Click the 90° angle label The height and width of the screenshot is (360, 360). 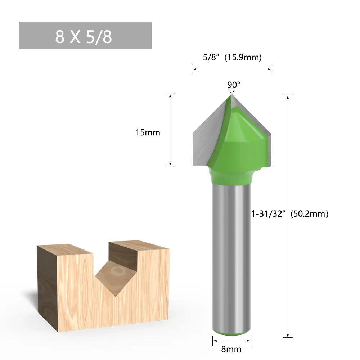(234, 85)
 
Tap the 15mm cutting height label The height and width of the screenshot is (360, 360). (148, 132)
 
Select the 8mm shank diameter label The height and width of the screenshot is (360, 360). (231, 349)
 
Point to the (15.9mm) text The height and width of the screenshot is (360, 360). (243, 57)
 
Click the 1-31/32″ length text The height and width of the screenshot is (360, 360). (268, 214)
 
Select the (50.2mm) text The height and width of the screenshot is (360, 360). (309, 214)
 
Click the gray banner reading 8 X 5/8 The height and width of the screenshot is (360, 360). (86, 36)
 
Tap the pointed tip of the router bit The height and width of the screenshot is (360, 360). (231, 94)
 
